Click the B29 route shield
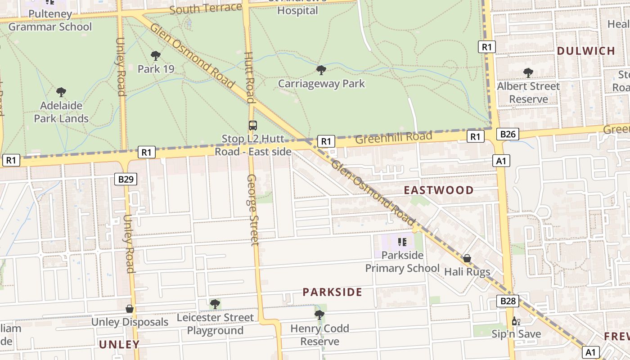[x=126, y=179]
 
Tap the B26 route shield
[x=508, y=134]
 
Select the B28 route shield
[x=508, y=301]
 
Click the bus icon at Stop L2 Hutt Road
[x=253, y=126]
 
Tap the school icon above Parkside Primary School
[x=402, y=242]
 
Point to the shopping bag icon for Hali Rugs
[x=467, y=258]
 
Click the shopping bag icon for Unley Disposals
[x=130, y=309]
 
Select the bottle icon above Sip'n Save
[x=516, y=321]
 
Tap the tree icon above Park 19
[x=156, y=56]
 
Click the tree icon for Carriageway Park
[x=321, y=70]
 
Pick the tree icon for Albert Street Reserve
[x=528, y=72]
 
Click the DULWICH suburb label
[x=586, y=51]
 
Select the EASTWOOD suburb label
[x=438, y=190]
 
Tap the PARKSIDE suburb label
[x=332, y=292]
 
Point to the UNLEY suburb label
[x=119, y=345]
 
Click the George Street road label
[x=253, y=210]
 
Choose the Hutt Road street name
[x=249, y=77]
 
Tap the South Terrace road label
[x=206, y=8]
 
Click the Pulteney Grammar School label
[x=50, y=20]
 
